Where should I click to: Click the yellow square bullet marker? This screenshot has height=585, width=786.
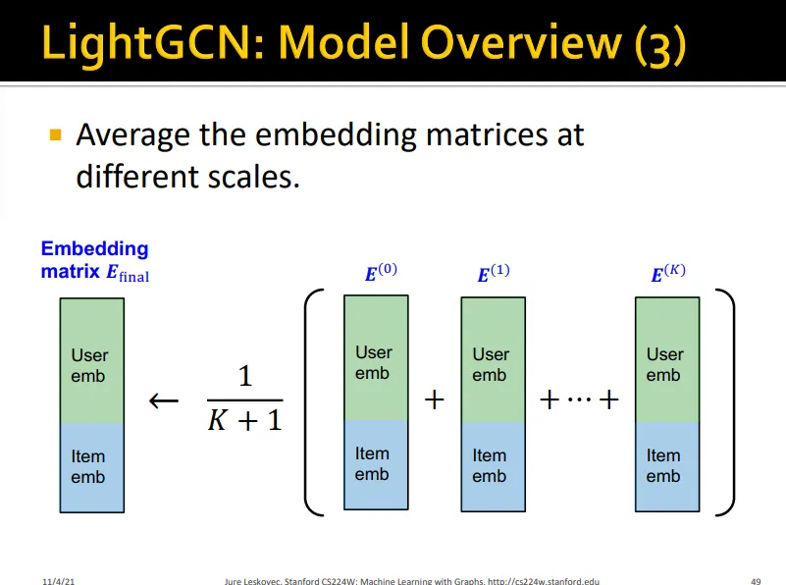pyautogui.click(x=56, y=134)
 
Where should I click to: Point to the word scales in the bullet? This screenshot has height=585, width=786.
pyautogui.click(x=253, y=177)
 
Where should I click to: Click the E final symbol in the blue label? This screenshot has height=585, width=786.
pyautogui.click(x=128, y=273)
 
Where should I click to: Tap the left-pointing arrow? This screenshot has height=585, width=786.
pyautogui.click(x=164, y=400)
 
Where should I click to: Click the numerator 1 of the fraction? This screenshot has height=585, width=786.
pyautogui.click(x=245, y=376)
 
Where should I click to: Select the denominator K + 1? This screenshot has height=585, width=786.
pyautogui.click(x=245, y=420)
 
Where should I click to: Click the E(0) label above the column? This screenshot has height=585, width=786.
pyautogui.click(x=381, y=272)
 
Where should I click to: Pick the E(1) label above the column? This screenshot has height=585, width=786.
pyautogui.click(x=494, y=273)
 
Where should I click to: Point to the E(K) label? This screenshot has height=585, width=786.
pyautogui.click(x=668, y=273)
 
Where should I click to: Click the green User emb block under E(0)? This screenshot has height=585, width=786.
pyautogui.click(x=376, y=358)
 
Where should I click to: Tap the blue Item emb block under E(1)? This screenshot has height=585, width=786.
pyautogui.click(x=494, y=466)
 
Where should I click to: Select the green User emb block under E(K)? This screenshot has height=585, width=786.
pyautogui.click(x=667, y=360)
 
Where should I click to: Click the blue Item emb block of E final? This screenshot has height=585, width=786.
pyautogui.click(x=92, y=467)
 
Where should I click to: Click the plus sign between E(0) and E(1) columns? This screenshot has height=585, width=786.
pyautogui.click(x=434, y=400)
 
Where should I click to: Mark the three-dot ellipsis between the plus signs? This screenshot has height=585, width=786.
pyautogui.click(x=580, y=399)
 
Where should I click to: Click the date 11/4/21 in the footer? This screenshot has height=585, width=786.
pyautogui.click(x=59, y=581)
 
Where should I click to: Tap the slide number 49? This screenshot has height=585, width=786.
pyautogui.click(x=756, y=581)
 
